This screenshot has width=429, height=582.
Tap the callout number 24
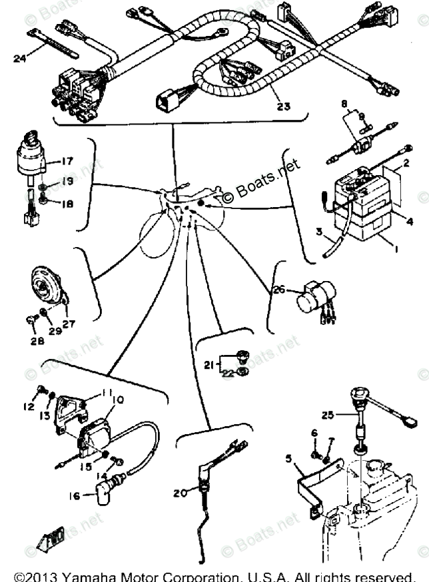pos(19,58)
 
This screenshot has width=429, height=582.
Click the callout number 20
pos(178,493)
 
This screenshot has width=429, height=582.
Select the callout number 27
pos(69,324)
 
